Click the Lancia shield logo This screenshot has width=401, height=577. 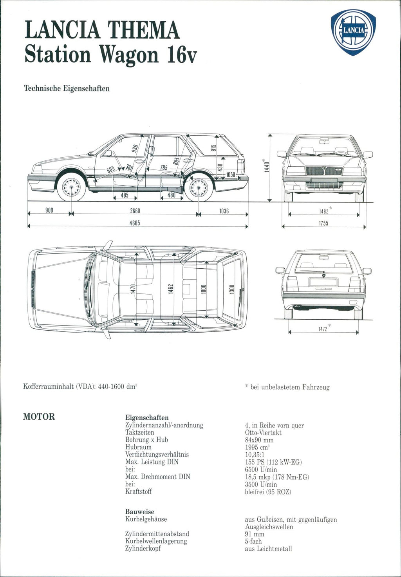click(353, 33)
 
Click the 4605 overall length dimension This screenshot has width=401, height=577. click(135, 223)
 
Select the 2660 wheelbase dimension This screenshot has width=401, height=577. click(135, 211)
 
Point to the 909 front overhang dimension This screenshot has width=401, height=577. click(49, 211)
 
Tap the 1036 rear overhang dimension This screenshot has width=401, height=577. click(224, 211)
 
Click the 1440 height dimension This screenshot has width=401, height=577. click(267, 167)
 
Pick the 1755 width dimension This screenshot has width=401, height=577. click(323, 223)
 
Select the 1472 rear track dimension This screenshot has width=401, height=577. click(323, 329)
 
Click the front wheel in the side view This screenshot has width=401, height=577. click(71, 187)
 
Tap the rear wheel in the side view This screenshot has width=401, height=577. click(199, 187)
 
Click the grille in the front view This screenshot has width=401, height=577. click(324, 171)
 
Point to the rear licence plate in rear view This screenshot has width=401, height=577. click(323, 282)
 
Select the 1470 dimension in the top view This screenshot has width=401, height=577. click(133, 289)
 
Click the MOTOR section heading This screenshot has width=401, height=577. click(39, 417)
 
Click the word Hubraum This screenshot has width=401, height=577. click(138, 447)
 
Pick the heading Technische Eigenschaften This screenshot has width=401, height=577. click(67, 88)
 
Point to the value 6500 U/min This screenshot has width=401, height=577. click(261, 470)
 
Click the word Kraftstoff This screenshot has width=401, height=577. click(139, 491)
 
